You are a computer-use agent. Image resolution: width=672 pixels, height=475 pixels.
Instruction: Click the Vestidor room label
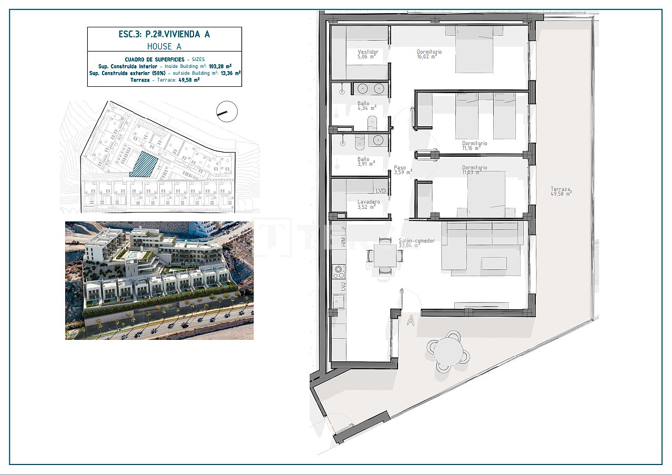[x=368, y=52]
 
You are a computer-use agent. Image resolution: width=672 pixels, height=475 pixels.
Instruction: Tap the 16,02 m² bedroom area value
[x=426, y=57]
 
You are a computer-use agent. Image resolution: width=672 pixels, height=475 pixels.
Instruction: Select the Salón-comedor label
[x=417, y=241]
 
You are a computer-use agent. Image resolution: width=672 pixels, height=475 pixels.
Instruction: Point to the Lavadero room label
[x=368, y=202]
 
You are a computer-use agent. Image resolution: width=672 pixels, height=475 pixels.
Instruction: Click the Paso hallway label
[x=400, y=168]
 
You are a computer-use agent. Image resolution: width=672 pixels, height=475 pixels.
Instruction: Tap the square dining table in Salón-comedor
[x=386, y=256]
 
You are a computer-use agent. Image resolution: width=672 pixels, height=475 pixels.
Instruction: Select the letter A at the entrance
[x=411, y=320]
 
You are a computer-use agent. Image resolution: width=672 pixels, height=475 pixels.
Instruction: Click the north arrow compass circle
[x=227, y=111]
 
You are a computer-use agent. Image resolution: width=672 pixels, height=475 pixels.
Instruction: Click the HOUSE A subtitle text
[x=164, y=46]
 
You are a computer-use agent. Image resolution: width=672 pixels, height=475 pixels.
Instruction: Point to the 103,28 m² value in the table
[x=220, y=67]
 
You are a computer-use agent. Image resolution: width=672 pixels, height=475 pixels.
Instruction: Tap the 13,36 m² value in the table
[x=230, y=74]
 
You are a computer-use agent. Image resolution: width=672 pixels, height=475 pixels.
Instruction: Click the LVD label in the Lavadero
[x=380, y=191]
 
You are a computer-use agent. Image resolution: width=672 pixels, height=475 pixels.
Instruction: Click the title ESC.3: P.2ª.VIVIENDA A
[x=164, y=34]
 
